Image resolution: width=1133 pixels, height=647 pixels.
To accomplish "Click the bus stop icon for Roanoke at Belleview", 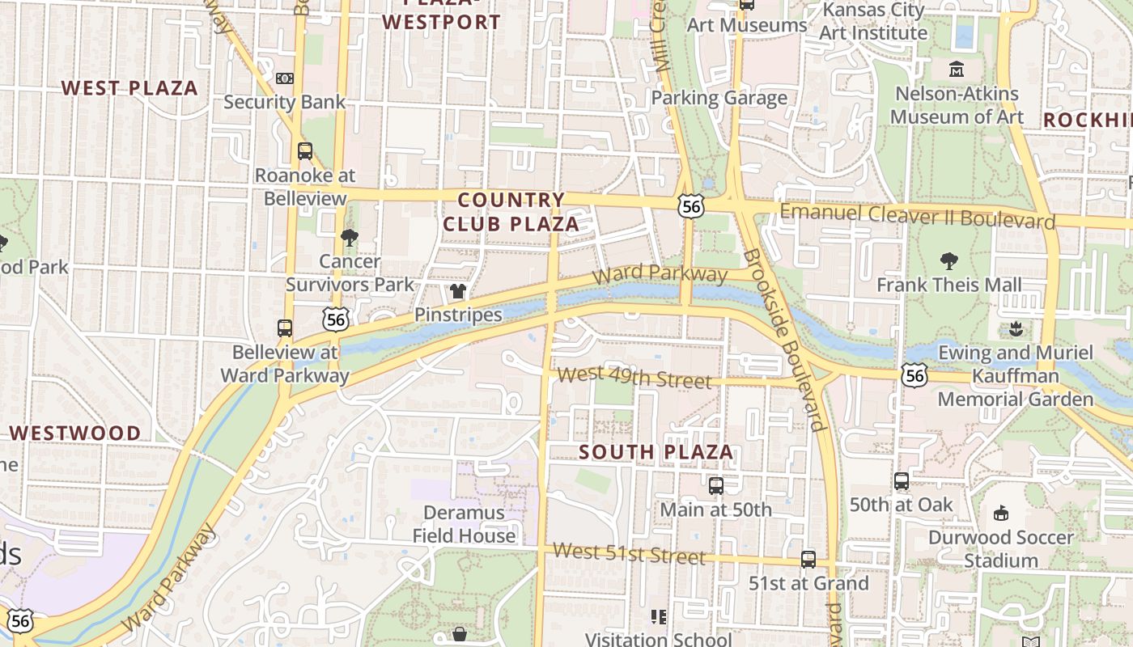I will click(305, 150).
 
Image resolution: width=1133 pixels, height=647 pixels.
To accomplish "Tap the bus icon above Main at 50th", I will click(716, 485).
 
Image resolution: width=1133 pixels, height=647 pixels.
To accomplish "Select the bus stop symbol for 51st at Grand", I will click(808, 559).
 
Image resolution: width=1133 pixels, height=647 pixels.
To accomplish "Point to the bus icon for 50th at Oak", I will click(902, 480).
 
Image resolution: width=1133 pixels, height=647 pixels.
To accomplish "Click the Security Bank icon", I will click(284, 78).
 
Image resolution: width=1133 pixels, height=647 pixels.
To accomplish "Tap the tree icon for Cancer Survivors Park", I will click(350, 237).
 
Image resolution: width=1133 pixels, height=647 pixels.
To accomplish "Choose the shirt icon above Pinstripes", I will click(458, 291).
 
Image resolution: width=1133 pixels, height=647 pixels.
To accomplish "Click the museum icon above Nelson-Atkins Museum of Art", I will click(957, 70).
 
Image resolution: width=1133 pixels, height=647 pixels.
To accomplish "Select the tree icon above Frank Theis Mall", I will click(949, 261).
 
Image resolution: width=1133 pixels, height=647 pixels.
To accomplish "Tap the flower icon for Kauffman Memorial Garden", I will click(1013, 329).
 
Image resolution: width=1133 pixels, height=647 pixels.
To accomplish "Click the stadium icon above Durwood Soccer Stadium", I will click(1001, 513).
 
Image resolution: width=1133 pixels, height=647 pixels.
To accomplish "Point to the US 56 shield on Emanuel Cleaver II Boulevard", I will click(691, 206).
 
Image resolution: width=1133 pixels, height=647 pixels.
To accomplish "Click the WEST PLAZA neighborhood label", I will click(129, 88).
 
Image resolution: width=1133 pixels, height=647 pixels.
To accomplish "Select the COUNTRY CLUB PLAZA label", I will click(511, 212).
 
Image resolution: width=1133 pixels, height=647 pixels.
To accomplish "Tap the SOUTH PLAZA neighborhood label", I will click(656, 452).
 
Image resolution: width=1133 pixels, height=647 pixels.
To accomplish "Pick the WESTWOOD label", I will click(75, 433).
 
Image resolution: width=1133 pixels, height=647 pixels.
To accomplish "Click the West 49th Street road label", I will click(634, 377).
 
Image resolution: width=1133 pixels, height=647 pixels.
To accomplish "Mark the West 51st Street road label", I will click(629, 554).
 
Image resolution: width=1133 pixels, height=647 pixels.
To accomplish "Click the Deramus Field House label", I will click(464, 524).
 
